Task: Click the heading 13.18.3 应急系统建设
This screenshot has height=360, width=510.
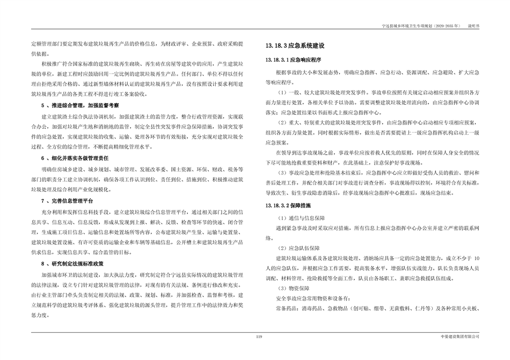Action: pos(296,47)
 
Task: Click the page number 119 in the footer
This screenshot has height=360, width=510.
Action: pos(258,336)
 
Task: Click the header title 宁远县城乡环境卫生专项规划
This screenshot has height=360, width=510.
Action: pos(406,25)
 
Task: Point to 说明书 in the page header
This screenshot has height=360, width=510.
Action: pos(473,25)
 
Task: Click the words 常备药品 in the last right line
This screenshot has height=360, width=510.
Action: pos(285,308)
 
